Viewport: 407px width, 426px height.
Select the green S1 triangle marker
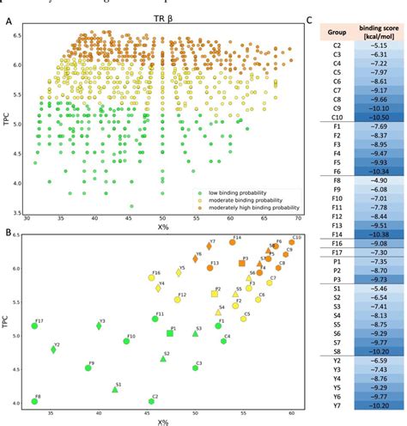[114, 389]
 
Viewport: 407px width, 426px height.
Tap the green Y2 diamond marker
[53, 350]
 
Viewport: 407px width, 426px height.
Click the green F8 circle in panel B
[35, 401]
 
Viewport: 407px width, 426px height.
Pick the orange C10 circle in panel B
[292, 242]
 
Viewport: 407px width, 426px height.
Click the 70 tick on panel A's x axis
[298, 218]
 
